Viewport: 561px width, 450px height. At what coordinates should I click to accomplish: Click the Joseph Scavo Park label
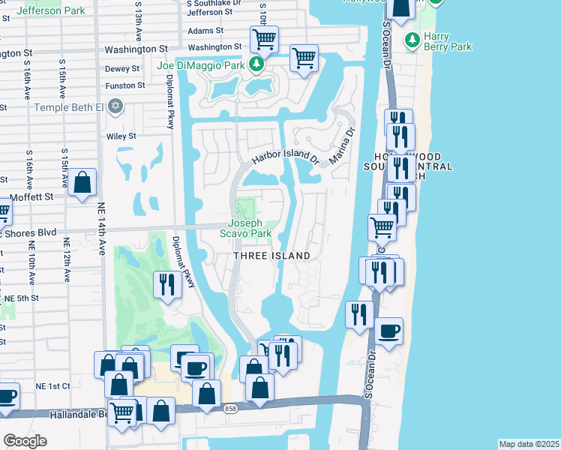point(250,228)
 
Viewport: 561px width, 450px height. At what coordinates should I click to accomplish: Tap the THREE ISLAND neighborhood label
point(271,256)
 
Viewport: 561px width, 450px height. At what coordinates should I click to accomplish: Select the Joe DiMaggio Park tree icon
point(256,65)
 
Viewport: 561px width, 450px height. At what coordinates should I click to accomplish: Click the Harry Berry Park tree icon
point(411,39)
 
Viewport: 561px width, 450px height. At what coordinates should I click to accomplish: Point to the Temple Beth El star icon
point(115,106)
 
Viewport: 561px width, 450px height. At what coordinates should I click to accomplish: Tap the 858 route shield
point(231,408)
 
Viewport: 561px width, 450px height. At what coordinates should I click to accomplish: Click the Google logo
point(25,440)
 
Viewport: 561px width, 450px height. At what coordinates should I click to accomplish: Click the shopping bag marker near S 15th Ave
point(82,182)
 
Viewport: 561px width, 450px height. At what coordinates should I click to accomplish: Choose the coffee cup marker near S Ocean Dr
point(388,331)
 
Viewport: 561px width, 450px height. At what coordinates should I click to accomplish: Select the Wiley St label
point(121,136)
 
